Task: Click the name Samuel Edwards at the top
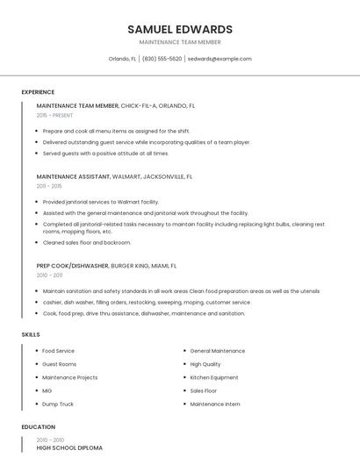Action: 180,29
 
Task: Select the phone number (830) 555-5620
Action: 162,59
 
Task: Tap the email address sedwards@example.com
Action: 220,59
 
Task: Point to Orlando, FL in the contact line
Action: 122,59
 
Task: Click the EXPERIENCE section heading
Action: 38,92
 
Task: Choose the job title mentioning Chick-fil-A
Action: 116,105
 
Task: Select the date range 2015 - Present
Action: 54,115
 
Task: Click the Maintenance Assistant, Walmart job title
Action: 114,176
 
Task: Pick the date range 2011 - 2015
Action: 49,186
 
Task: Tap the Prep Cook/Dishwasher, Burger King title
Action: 106,265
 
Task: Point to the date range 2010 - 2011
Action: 49,275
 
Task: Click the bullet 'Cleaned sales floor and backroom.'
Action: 87,242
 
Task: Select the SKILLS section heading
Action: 31,334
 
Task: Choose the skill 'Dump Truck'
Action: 58,404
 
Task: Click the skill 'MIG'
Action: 47,390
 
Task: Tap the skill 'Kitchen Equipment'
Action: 214,377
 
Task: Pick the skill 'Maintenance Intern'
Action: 215,404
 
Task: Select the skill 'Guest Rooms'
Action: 60,364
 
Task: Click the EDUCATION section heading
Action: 37,427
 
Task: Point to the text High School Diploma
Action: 69,447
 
